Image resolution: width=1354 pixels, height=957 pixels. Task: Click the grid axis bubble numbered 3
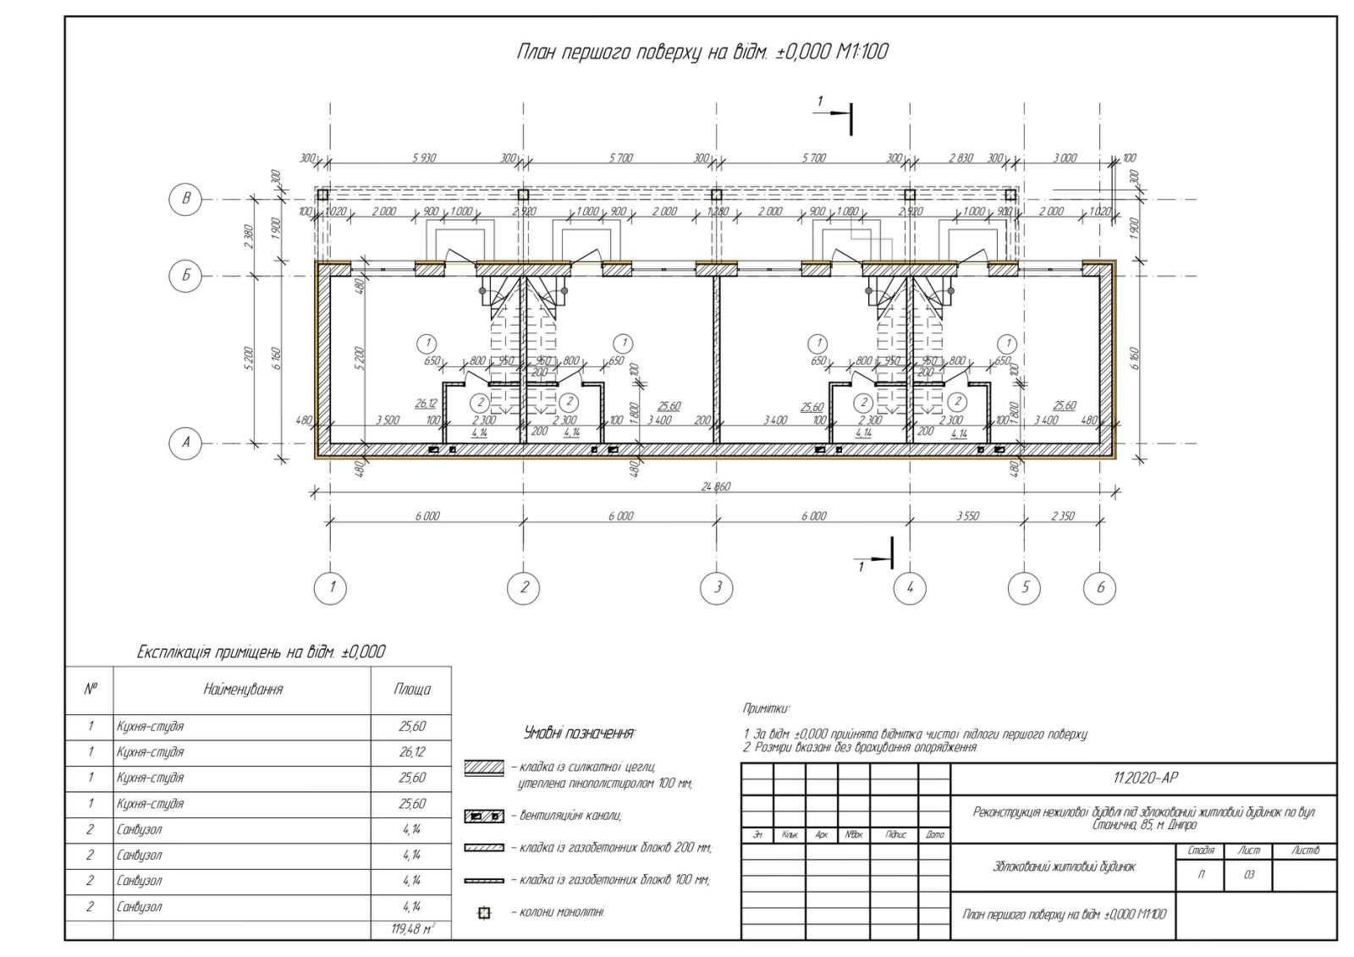point(717,587)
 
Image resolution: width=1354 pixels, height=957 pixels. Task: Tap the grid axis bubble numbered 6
point(1100,587)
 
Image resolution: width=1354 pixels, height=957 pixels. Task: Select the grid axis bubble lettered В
point(186,199)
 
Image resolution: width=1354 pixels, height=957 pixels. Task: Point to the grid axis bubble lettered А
point(186,442)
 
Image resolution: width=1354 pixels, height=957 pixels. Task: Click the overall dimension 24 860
point(716,486)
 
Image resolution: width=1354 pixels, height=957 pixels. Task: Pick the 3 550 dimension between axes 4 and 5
point(967,515)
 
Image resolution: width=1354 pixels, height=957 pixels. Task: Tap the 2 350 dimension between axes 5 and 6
point(1062,515)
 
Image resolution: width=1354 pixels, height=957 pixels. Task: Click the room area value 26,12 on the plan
point(426,404)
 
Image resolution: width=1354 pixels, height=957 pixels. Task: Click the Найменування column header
point(243,690)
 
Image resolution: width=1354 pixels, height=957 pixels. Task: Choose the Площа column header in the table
point(412,690)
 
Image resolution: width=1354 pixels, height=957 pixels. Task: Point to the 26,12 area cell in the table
point(412,752)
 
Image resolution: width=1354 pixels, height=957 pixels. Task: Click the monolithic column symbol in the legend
point(485,912)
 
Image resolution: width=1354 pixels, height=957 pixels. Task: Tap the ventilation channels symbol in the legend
point(484,817)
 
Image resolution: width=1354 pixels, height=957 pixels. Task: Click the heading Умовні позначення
point(580,733)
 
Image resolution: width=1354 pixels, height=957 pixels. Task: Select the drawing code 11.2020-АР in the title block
point(1144,778)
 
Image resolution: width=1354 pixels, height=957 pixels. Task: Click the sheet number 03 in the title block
point(1248,876)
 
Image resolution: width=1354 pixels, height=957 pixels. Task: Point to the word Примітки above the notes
point(765,708)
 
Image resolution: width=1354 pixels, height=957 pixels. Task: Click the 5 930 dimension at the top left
point(424,158)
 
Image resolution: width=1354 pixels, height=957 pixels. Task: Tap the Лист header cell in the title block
point(1248,850)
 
